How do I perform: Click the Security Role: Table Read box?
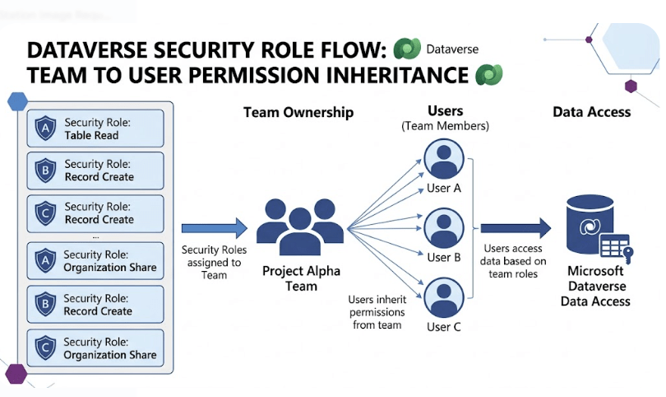coord(95,128)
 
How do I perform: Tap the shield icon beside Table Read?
coord(44,128)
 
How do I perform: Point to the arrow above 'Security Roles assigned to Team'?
coord(214,228)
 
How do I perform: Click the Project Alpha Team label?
coord(300,278)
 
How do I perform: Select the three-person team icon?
coord(300,227)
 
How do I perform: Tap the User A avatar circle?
coord(444,157)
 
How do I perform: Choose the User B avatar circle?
coord(444,227)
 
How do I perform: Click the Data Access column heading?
coord(591,112)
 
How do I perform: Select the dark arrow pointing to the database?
coord(516,228)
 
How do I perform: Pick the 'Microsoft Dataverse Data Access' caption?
coord(595,286)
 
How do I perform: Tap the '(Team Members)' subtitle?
coord(445,126)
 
